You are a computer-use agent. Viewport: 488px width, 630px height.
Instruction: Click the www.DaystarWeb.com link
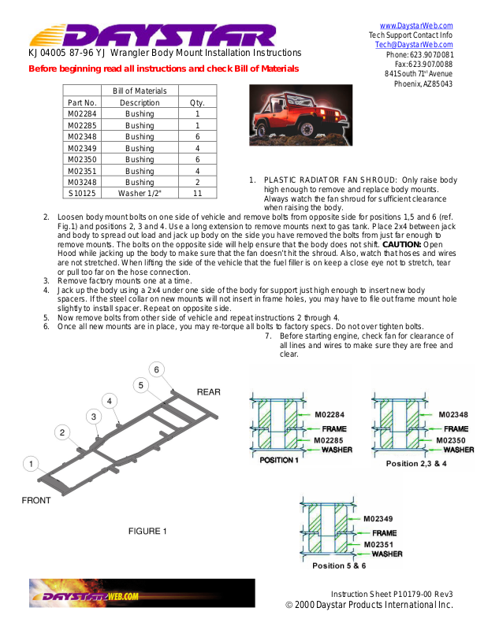pyautogui.click(x=416, y=26)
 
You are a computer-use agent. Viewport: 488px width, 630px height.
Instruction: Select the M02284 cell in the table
pyautogui.click(x=82, y=114)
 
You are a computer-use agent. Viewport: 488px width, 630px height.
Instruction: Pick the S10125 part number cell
pyautogui.click(x=82, y=193)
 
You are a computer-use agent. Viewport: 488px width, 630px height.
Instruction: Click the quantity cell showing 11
pyautogui.click(x=197, y=193)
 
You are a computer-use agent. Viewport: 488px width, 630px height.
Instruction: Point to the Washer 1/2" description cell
pyautogui.click(x=140, y=193)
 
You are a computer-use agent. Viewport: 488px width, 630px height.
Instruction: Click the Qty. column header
pyautogui.click(x=197, y=102)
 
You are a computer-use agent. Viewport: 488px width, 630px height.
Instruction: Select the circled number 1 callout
pyautogui.click(x=30, y=464)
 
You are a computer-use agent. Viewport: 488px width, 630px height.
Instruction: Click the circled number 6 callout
pyautogui.click(x=157, y=369)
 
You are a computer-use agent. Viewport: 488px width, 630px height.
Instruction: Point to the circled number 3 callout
pyautogui.click(x=94, y=416)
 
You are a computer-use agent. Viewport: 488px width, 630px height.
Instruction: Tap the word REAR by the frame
pyautogui.click(x=208, y=391)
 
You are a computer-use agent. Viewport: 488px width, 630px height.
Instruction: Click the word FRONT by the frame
pyautogui.click(x=36, y=501)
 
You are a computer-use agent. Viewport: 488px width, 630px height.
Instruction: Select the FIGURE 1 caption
pyautogui.click(x=148, y=532)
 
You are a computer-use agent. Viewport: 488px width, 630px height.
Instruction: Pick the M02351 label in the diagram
pyautogui.click(x=379, y=543)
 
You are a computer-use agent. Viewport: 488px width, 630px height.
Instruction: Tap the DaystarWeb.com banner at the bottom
pyautogui.click(x=142, y=593)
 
